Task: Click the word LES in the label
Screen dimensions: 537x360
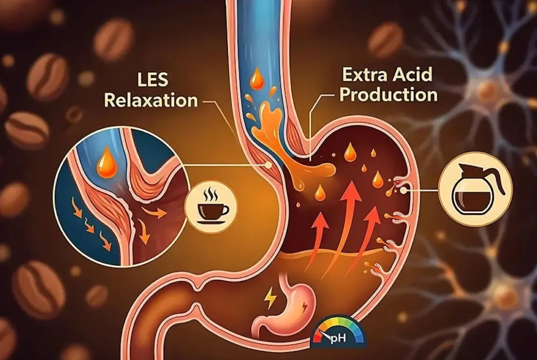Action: [152, 79]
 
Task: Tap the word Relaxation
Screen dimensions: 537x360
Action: [151, 100]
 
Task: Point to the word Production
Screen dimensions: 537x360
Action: [388, 95]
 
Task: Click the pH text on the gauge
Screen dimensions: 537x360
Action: [338, 339]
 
